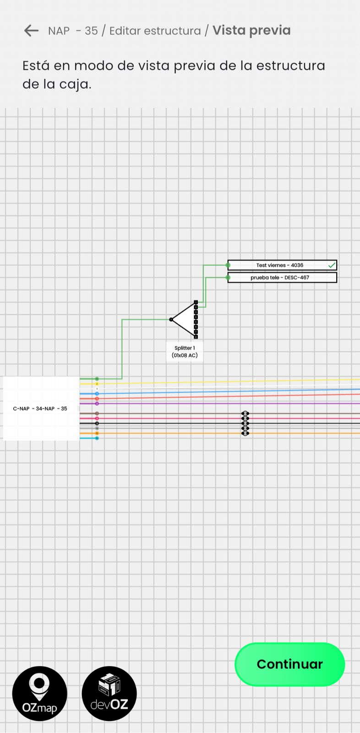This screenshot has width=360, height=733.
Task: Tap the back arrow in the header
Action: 31,31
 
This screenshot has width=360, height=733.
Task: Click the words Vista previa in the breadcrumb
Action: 251,31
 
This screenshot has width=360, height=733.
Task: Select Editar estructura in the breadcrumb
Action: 155,31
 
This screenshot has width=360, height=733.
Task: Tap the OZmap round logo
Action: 40,693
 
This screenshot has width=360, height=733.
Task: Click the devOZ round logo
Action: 109,693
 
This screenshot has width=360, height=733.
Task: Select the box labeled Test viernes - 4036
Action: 279,265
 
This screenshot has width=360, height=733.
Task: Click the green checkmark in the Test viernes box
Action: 332,265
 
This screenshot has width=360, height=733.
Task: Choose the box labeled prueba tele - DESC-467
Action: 279,278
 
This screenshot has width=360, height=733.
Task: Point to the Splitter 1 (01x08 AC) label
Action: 185,352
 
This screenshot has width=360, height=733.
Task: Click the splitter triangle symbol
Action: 185,320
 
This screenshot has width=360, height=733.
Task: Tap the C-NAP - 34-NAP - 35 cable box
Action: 40,409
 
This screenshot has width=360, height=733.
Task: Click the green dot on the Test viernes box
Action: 228,265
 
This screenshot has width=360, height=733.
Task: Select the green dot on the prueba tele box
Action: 228,278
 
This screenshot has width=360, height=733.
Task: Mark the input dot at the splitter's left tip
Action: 171,320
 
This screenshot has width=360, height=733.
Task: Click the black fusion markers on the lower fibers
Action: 245,423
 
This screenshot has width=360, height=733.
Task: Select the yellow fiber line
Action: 229,381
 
